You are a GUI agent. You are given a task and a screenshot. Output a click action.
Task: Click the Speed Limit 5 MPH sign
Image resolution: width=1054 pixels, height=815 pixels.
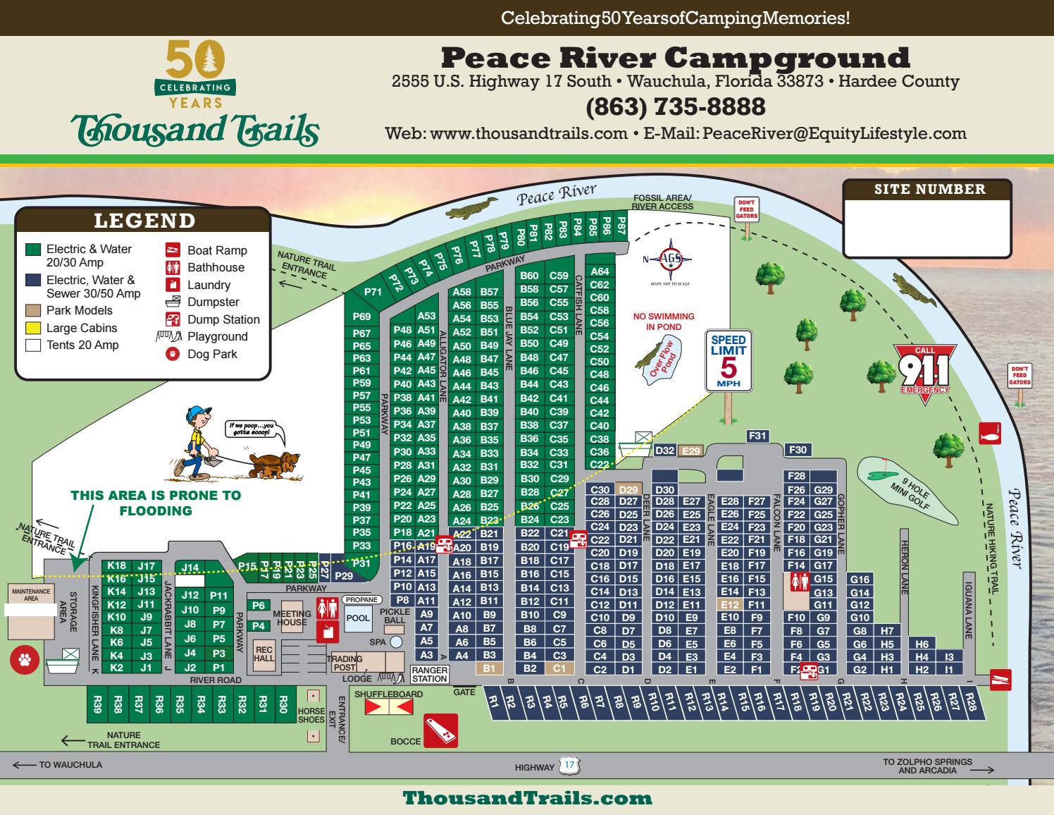pos(728,360)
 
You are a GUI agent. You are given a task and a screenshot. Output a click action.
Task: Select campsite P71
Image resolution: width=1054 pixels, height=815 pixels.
pos(373,292)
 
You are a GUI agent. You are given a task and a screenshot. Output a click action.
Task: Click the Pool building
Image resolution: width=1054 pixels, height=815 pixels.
pos(358,618)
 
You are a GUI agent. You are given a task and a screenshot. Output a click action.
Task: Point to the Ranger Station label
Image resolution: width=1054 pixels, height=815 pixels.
pos(430,674)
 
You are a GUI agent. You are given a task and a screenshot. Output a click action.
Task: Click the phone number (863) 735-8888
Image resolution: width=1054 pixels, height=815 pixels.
pos(675,107)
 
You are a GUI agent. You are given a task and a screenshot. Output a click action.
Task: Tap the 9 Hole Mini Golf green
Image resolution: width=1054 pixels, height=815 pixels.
pos(906,491)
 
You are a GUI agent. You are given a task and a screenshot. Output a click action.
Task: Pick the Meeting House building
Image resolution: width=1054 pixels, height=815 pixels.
pos(291,618)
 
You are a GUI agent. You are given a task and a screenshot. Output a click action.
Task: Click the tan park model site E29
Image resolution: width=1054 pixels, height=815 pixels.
pos(692,451)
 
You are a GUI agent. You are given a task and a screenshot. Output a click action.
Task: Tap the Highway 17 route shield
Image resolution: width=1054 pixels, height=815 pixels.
pos(569,765)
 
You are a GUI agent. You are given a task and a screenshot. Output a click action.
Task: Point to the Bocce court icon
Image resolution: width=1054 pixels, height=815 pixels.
pos(440,730)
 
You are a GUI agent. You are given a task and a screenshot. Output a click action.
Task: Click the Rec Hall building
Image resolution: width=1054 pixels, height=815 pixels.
pos(264,654)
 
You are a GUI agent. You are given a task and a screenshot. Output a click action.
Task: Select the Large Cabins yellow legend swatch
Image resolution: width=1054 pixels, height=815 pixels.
pos(32,328)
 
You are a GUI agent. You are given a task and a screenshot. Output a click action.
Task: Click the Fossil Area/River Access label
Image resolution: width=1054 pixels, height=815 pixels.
pos(662,202)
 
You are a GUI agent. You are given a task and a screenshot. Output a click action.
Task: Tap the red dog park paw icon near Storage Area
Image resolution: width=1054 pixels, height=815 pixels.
pos(25,660)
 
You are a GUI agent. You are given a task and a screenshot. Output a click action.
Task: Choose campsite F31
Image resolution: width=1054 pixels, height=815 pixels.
pos(757,436)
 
